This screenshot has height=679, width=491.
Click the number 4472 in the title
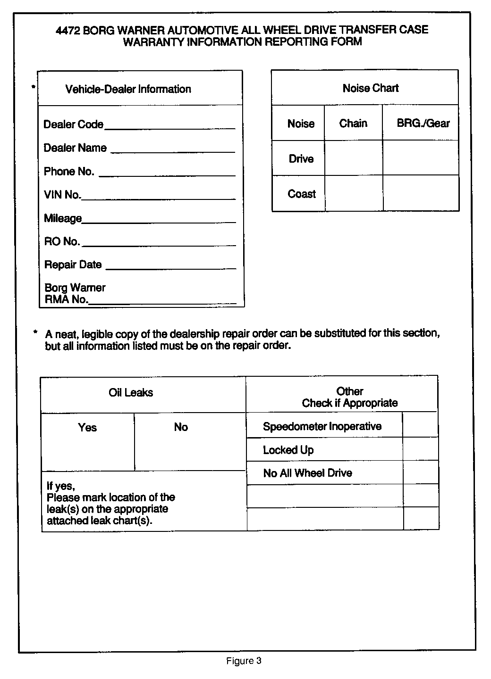[x=68, y=30]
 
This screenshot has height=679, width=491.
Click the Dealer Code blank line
[x=169, y=127]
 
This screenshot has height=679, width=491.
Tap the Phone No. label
[x=69, y=172]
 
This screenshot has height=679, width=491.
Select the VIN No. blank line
[x=158, y=198]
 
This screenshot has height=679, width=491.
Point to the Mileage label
[x=63, y=218]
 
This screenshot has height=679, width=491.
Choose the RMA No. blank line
[x=162, y=302]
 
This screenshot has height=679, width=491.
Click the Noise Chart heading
[x=371, y=88]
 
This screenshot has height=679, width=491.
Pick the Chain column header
[x=353, y=124]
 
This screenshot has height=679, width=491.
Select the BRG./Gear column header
[x=423, y=124]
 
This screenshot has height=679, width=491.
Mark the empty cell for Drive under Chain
[x=354, y=158]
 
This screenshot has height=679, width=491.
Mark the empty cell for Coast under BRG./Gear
[x=421, y=193]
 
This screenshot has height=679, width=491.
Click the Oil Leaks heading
[x=131, y=393]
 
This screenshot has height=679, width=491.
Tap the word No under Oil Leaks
[x=181, y=427]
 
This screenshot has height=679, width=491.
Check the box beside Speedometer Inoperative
[x=420, y=425]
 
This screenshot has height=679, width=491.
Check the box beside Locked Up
[x=420, y=449]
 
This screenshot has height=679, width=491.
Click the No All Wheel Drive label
[x=307, y=473]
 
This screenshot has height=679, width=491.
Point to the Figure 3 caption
[x=244, y=661]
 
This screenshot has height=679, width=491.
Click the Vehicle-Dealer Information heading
[x=128, y=90]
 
